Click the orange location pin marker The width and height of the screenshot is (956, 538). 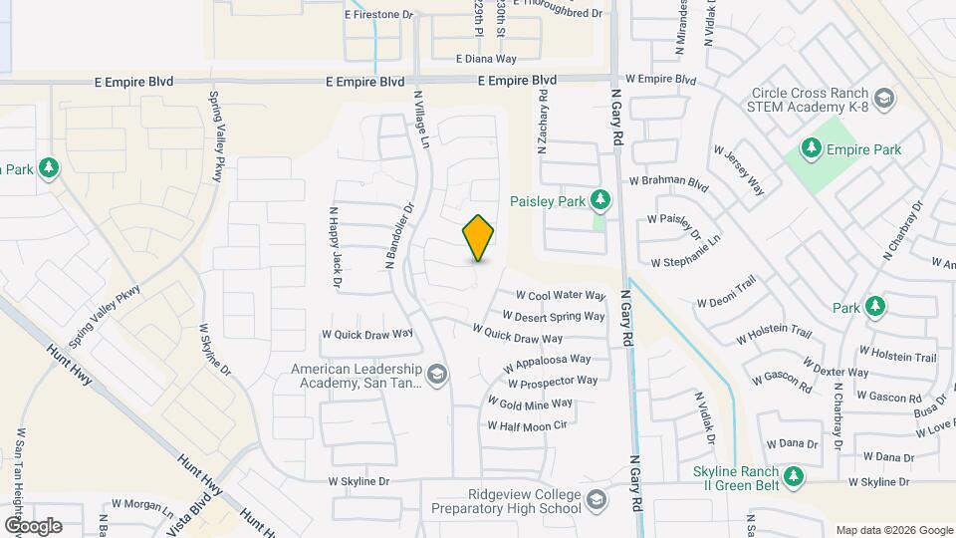(x=478, y=238)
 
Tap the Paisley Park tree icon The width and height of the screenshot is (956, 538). (x=599, y=200)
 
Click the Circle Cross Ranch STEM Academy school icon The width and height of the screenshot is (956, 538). (x=885, y=99)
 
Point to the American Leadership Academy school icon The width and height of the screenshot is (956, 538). (x=438, y=375)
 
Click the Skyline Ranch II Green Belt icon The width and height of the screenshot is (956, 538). (x=793, y=477)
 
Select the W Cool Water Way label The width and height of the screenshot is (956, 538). (x=561, y=296)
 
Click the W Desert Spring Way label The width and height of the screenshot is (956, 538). (x=560, y=317)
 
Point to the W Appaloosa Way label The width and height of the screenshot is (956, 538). (x=547, y=362)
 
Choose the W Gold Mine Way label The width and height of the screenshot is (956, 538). (x=529, y=403)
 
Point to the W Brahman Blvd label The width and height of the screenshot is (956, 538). (x=668, y=183)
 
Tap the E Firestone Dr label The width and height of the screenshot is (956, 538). (x=378, y=15)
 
